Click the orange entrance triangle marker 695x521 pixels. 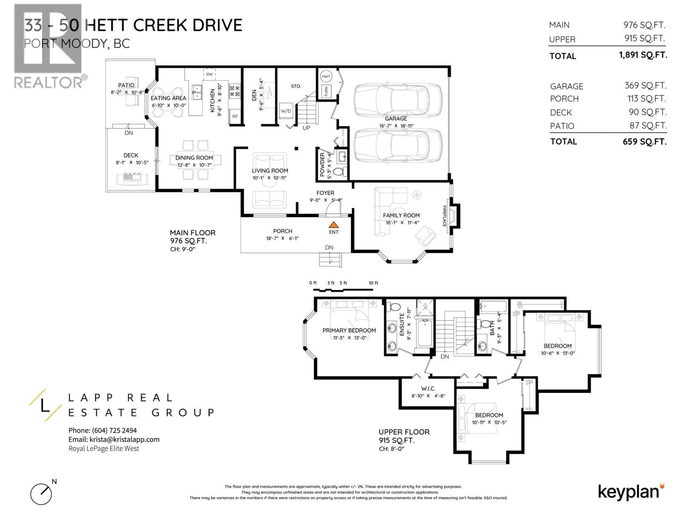click(x=333, y=225)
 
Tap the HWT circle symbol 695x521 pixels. click(x=326, y=76)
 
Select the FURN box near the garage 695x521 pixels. click(x=325, y=92)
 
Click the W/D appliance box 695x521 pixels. click(x=286, y=111)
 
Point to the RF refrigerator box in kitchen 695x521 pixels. click(x=235, y=116)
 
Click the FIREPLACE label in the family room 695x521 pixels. click(x=444, y=216)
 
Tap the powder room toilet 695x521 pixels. click(x=340, y=171)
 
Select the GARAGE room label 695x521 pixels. click(x=396, y=119)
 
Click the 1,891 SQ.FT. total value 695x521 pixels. click(x=643, y=55)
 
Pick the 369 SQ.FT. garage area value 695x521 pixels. click(x=645, y=86)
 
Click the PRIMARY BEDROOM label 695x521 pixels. click(x=349, y=330)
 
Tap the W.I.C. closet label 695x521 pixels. click(x=428, y=389)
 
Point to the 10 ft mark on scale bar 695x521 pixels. click(x=373, y=283)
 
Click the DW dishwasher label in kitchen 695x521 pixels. click(x=209, y=74)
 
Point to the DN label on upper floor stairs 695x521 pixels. click(x=444, y=356)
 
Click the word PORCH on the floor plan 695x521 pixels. click(x=282, y=231)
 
